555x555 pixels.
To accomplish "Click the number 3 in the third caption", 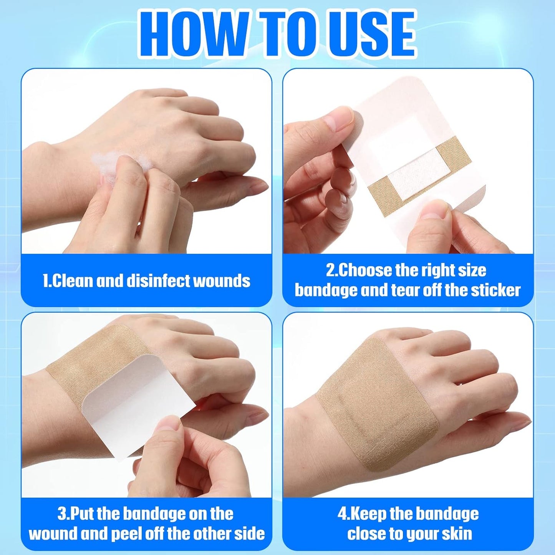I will [62, 514].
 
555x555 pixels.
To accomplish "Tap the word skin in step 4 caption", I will [457, 534].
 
